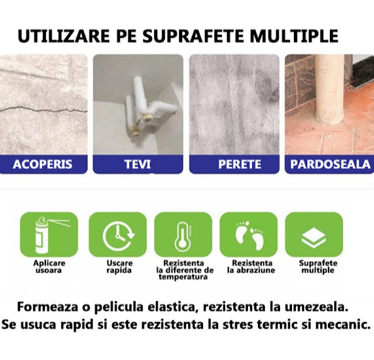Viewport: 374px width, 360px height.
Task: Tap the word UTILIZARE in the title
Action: click(64, 36)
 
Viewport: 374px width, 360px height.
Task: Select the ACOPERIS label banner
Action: click(44, 165)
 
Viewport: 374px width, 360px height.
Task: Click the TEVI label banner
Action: click(138, 165)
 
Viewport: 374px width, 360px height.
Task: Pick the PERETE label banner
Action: click(234, 165)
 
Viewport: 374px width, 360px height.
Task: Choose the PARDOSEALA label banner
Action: click(329, 165)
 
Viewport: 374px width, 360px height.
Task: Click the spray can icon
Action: click(49, 235)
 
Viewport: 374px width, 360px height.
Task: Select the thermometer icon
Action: click(183, 236)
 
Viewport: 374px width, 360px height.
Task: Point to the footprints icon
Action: click(248, 235)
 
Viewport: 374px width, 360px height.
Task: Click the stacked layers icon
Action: click(313, 238)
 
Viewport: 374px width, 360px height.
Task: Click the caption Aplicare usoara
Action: click(49, 267)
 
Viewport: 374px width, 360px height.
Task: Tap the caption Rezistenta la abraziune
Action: click(252, 267)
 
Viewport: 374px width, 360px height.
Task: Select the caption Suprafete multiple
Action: click(318, 267)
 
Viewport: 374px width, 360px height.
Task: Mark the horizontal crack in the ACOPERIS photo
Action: click(44, 110)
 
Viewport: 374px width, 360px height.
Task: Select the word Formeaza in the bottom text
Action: click(48, 307)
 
